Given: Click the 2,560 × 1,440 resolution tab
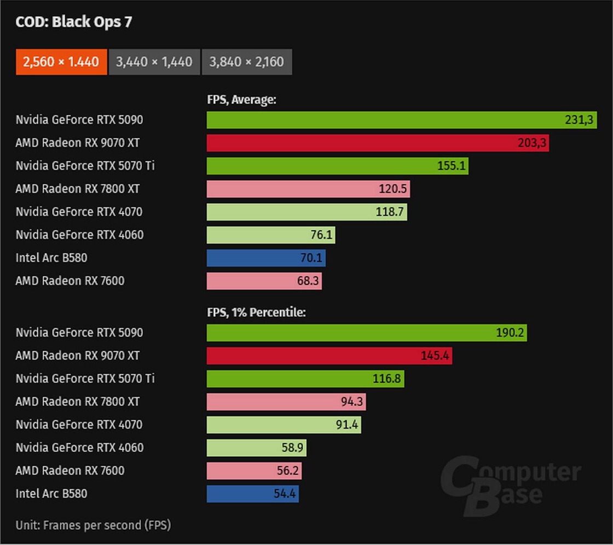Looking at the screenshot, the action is coord(61,62).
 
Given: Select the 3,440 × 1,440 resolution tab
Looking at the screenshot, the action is coord(154,62).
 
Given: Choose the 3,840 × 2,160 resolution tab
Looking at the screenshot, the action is coord(247,62).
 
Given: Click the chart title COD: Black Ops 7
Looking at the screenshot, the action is coord(73,22).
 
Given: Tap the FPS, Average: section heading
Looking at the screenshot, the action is coord(241,100).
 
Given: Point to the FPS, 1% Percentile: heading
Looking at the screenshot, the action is coord(257,312).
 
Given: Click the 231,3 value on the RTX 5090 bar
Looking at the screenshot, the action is coord(579,120).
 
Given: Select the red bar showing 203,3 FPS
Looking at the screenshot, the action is coord(378,143).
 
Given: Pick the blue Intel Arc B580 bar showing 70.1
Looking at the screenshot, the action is coord(266,258).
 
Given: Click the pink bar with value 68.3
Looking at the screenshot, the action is coord(264,281).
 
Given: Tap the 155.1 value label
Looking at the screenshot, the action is coord(451,166).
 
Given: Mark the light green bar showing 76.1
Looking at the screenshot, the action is coord(271,235).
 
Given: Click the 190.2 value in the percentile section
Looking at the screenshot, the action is coord(510,333).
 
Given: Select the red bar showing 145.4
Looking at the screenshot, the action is coord(329,356).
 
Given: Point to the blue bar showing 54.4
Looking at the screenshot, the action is coord(253,494).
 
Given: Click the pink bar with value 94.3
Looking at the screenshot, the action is coord(286,402).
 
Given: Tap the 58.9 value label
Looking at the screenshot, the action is coord(292,448).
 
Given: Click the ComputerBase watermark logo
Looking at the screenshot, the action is coord(510,486).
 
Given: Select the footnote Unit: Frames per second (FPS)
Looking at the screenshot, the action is coord(93,525).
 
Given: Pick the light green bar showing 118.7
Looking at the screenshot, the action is coord(307,212).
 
